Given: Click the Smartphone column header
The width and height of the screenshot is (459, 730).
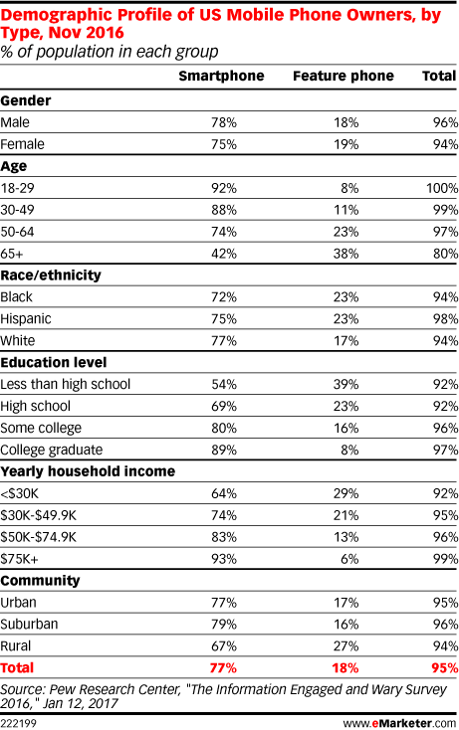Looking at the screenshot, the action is tap(221, 76).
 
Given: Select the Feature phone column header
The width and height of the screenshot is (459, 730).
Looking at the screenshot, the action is tap(344, 76).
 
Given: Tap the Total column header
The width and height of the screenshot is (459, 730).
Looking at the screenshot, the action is tap(439, 76).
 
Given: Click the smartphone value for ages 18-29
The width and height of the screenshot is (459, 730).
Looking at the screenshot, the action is tap(224, 188).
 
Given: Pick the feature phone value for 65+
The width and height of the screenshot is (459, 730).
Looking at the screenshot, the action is tap(346, 254).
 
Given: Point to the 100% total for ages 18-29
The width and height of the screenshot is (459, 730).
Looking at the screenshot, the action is tap(442, 188).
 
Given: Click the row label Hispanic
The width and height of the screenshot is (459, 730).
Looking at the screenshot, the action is tap(26, 319).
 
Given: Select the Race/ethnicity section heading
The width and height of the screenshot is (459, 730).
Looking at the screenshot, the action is tap(51, 275).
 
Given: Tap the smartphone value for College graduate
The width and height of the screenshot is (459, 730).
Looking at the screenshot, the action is tap(224, 451).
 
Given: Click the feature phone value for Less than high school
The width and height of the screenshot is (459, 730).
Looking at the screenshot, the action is tap(346, 385).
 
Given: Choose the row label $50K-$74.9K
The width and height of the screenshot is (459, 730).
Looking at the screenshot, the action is tap(38, 537).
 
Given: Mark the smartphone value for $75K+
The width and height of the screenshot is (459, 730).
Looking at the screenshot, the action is tap(224, 559).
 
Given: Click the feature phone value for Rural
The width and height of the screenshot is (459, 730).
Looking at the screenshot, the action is tap(346, 646).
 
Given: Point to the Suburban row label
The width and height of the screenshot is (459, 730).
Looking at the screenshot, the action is tap(29, 625).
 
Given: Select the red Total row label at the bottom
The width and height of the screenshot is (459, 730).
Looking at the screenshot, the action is tap(17, 668).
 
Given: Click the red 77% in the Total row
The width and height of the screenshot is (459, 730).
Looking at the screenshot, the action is tap(223, 668).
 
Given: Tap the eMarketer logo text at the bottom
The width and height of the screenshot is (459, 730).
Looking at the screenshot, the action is tap(400, 723).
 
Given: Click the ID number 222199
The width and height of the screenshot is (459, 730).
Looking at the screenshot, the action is tap(18, 723).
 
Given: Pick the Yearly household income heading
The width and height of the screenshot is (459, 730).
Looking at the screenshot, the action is tap(88, 471).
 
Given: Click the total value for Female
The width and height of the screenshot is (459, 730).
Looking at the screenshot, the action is tap(445, 144).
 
